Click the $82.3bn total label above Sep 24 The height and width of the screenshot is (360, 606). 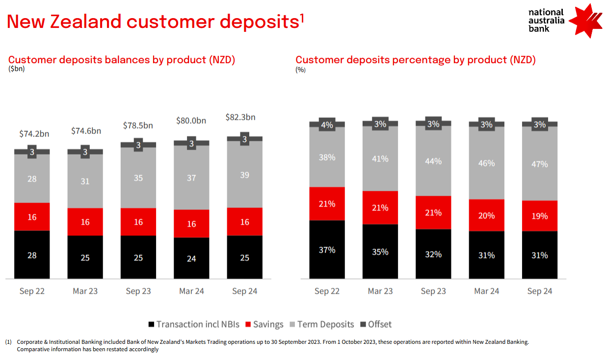(240, 117)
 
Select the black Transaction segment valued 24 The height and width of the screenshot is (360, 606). (191, 258)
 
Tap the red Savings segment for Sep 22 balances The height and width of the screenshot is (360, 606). (32, 217)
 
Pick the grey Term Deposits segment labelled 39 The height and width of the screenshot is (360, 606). (244, 175)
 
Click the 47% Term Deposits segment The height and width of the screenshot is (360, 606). (540, 164)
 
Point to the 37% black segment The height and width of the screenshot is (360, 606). (327, 250)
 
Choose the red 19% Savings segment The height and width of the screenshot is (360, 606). (540, 216)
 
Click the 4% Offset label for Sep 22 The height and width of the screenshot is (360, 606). (327, 125)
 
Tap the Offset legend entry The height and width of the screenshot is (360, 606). (376, 324)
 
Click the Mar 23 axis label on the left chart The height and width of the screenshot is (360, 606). (85, 291)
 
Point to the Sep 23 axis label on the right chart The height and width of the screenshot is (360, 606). (433, 291)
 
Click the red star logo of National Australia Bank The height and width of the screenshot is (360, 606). (587, 21)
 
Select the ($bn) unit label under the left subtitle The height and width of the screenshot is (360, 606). (16, 69)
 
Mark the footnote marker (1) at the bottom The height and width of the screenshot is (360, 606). (8, 342)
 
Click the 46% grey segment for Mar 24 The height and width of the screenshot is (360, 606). (486, 163)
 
